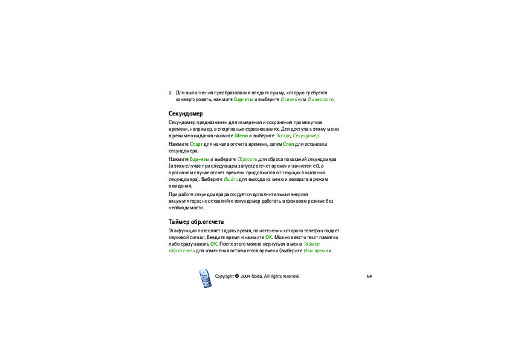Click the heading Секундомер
click(x=186, y=113)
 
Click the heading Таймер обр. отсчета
click(x=196, y=222)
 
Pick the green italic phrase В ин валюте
click(x=320, y=99)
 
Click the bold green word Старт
click(x=196, y=144)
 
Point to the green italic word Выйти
click(x=231, y=180)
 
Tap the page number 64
click(x=369, y=276)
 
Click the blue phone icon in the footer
click(x=205, y=279)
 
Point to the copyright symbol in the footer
click(x=236, y=276)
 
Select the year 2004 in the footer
click(x=245, y=276)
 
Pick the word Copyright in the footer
click(x=224, y=276)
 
